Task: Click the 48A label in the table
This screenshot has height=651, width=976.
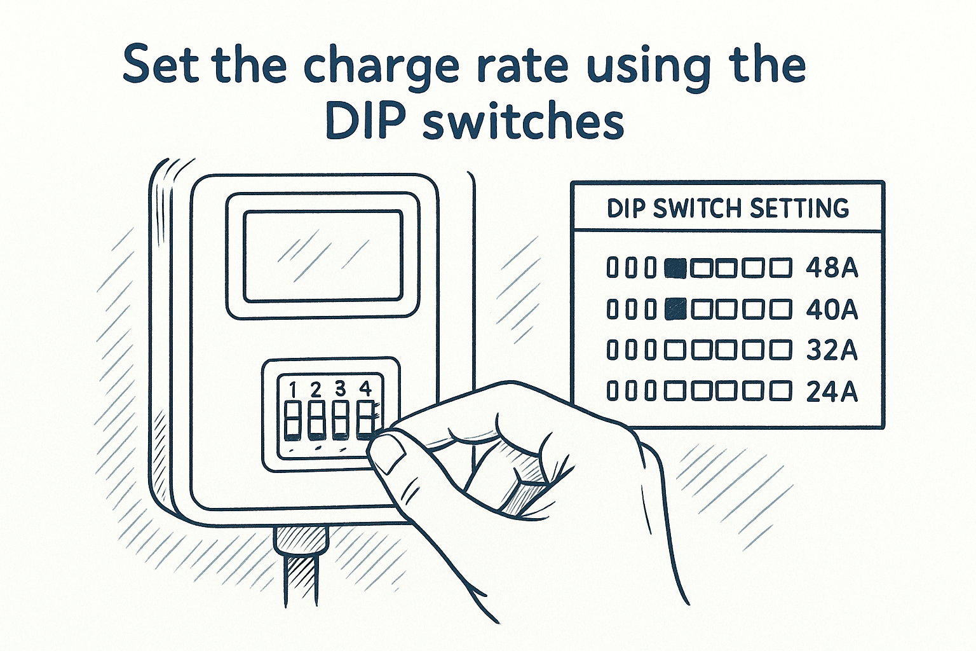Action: (832, 268)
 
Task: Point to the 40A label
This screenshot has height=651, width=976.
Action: (832, 310)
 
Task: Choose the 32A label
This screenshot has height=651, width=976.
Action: (832, 351)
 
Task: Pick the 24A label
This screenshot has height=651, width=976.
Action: (832, 392)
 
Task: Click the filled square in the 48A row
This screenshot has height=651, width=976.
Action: (675, 268)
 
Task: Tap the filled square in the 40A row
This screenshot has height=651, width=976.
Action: (675, 310)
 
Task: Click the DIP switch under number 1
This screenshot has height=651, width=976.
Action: (292, 420)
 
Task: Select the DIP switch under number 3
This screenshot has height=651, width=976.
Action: (340, 420)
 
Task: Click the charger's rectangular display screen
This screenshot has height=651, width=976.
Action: (323, 256)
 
